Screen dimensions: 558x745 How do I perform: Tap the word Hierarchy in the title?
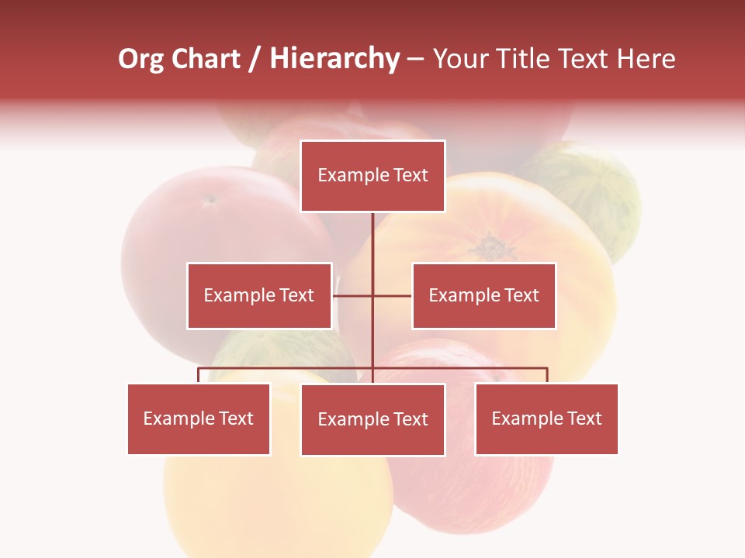click(334, 60)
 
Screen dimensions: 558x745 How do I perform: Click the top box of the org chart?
click(372, 176)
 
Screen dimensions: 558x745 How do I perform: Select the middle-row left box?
click(259, 295)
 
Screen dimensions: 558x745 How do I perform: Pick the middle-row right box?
click(483, 295)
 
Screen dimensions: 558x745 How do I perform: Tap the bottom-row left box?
click(199, 418)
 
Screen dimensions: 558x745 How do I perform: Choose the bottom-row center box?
click(372, 419)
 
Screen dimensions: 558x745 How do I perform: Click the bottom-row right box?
click(546, 418)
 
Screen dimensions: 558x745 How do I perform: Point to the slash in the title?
click(255, 60)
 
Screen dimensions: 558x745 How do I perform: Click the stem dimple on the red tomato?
click(210, 199)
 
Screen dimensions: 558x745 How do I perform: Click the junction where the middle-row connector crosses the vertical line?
click(372, 295)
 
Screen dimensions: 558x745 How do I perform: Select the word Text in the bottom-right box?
click(585, 418)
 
